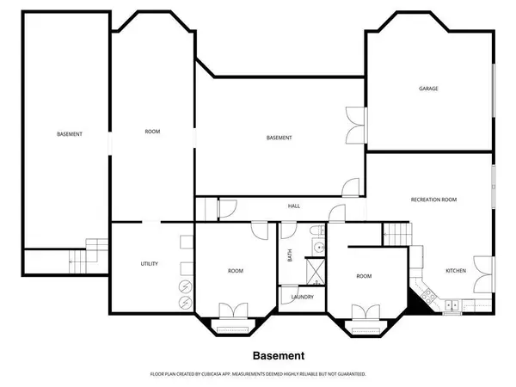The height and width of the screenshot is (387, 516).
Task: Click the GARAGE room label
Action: point(429,88)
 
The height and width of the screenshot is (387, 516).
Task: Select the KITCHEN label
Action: point(455,271)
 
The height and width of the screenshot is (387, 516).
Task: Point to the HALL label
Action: point(293,206)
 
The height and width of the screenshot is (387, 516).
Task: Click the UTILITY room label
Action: point(149,263)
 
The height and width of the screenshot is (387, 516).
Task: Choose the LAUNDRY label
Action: point(302,298)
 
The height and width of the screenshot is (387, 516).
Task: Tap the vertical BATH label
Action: point(290,256)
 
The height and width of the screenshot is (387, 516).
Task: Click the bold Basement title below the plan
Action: point(278,355)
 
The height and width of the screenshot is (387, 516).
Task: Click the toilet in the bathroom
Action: point(316,230)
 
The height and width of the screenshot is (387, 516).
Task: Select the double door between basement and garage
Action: point(354,127)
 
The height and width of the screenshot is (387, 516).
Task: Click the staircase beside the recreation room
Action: point(395,232)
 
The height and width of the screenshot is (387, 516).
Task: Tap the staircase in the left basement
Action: point(79,257)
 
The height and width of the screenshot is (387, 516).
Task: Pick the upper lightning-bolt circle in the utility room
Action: point(182,287)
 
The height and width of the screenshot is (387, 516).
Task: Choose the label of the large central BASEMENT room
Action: point(279,138)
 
